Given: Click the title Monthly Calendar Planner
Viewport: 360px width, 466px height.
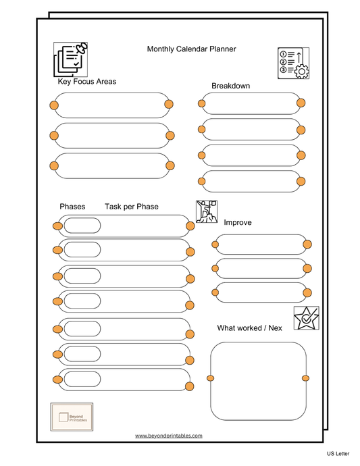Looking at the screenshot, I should tap(191, 49).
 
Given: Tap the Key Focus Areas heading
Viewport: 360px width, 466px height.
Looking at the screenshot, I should tap(86, 82).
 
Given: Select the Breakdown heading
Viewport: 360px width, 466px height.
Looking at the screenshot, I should tap(230, 86).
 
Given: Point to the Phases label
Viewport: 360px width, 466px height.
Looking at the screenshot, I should tap(72, 207).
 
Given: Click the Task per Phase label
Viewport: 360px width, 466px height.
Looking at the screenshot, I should tap(131, 207).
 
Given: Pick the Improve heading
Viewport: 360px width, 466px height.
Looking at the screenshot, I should tap(237, 222).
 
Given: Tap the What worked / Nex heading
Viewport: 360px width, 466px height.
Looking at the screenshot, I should tap(249, 328).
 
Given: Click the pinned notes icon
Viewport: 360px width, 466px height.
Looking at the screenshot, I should tap(71, 59).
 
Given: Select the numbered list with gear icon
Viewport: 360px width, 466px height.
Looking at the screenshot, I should tap(293, 63).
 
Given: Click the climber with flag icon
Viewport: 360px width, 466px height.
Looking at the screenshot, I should tap(206, 211).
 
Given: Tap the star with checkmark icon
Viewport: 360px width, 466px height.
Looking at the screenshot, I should tap(306, 318).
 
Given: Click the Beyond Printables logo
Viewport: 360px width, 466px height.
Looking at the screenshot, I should tap(72, 415).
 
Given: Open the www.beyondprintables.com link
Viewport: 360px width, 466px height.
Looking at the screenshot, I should tap(168, 436).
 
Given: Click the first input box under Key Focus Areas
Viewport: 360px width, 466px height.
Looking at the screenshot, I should tap(111, 105).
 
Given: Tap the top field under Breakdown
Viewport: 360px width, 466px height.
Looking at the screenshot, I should tap(251, 103).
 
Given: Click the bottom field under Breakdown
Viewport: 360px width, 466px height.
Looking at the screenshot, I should tap(251, 181).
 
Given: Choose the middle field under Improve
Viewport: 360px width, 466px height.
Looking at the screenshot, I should tap(261, 269).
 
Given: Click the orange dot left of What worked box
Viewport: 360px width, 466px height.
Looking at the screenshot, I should tap(210, 378).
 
